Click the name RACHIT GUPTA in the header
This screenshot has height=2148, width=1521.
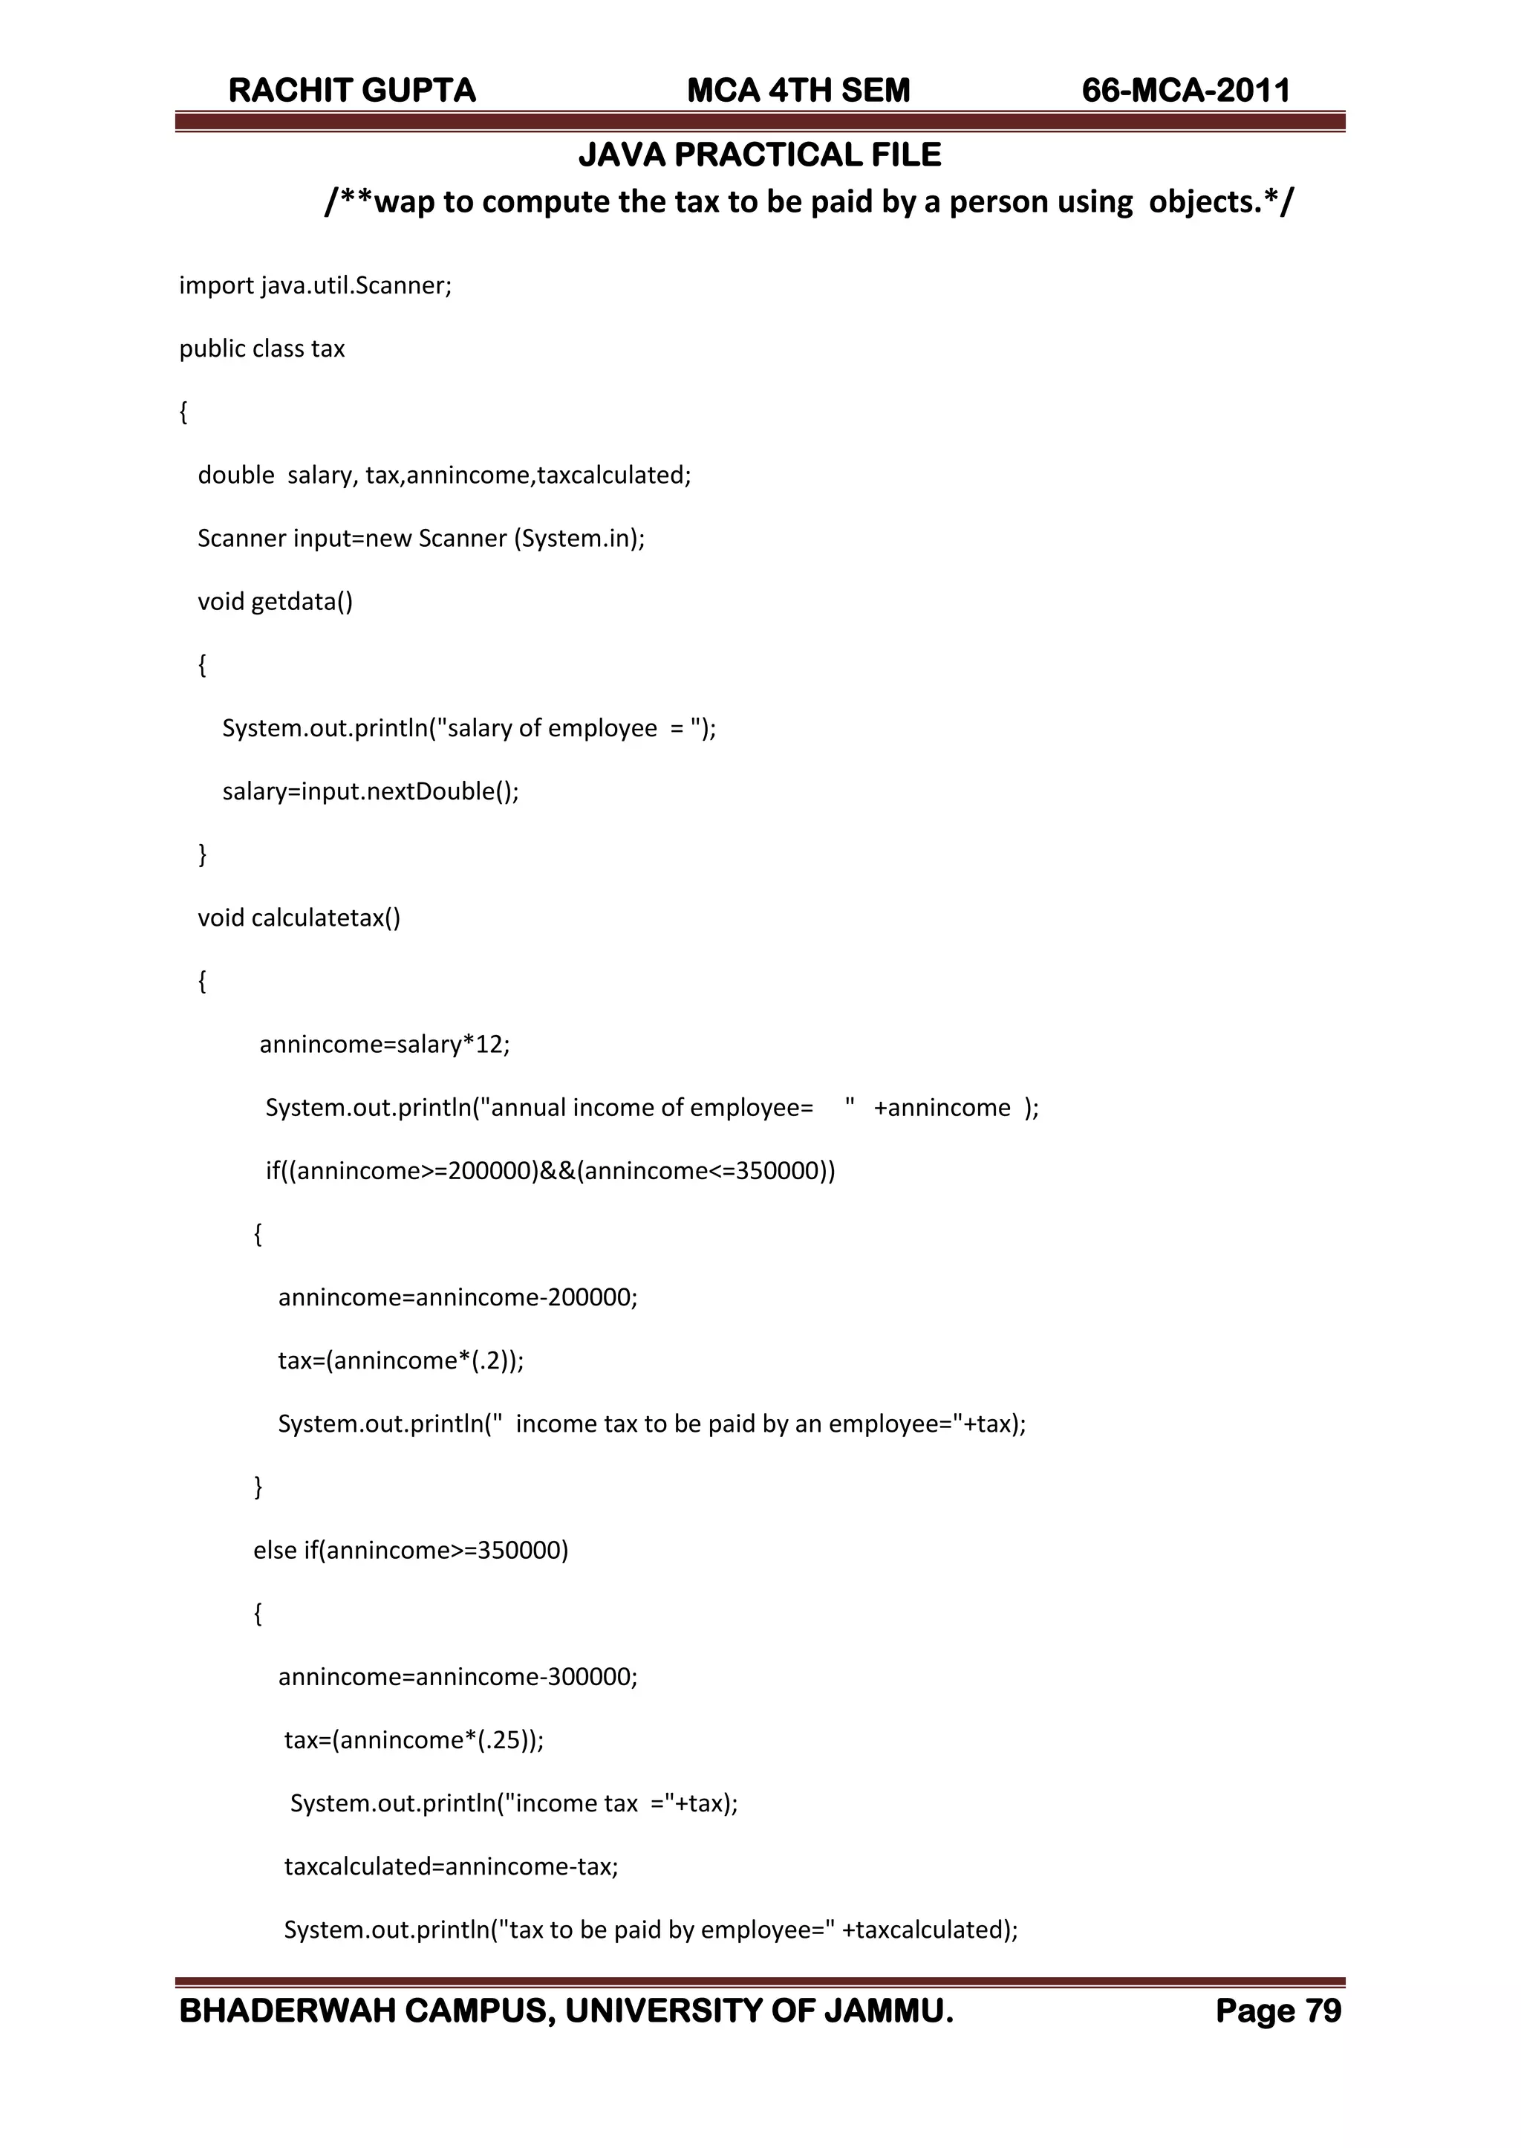point(352,91)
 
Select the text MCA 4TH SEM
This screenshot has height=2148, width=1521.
point(798,91)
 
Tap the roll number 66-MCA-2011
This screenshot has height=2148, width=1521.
point(1186,91)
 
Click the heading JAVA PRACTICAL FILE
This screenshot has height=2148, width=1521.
point(760,155)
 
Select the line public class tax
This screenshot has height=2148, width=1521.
point(262,348)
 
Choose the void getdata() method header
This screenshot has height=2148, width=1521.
point(276,601)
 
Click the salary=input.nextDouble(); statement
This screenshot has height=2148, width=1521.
point(370,791)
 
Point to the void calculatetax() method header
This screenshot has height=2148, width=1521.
point(299,918)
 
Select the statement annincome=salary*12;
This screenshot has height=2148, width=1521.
point(384,1045)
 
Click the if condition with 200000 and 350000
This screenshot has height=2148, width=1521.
point(550,1171)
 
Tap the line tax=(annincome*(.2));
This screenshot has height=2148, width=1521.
point(401,1360)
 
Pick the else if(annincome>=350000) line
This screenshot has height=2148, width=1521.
point(410,1551)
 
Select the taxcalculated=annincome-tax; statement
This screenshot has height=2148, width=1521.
point(452,1866)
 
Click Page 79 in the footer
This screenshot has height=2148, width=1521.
point(1277,2011)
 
